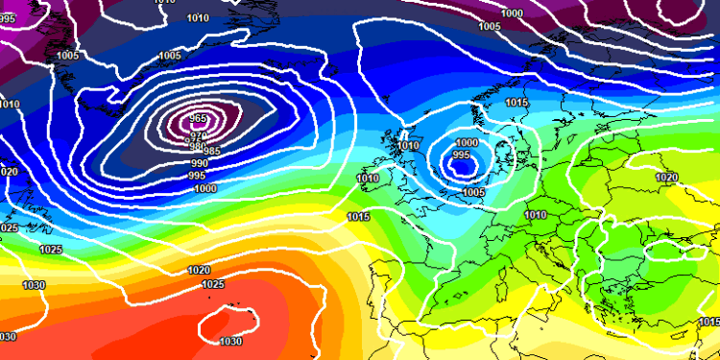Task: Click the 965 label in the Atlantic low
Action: coord(198,119)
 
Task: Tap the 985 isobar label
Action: coord(211,152)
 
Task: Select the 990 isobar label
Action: coord(199,163)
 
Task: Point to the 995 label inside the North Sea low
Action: coord(462,155)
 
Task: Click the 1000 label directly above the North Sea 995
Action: coord(465,142)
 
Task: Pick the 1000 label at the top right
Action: coord(513,13)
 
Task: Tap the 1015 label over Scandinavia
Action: coord(516,102)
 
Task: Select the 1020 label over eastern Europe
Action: coord(666,178)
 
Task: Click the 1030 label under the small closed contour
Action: coord(230,342)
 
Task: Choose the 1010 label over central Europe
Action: coord(537,215)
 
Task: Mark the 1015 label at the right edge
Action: coord(708,335)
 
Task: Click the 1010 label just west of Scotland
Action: coord(409,146)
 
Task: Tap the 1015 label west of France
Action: coord(359,217)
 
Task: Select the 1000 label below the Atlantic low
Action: coord(204,189)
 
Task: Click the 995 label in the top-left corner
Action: coord(8,18)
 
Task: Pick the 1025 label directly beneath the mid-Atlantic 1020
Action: coord(213,285)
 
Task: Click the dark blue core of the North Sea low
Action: coord(465,169)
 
